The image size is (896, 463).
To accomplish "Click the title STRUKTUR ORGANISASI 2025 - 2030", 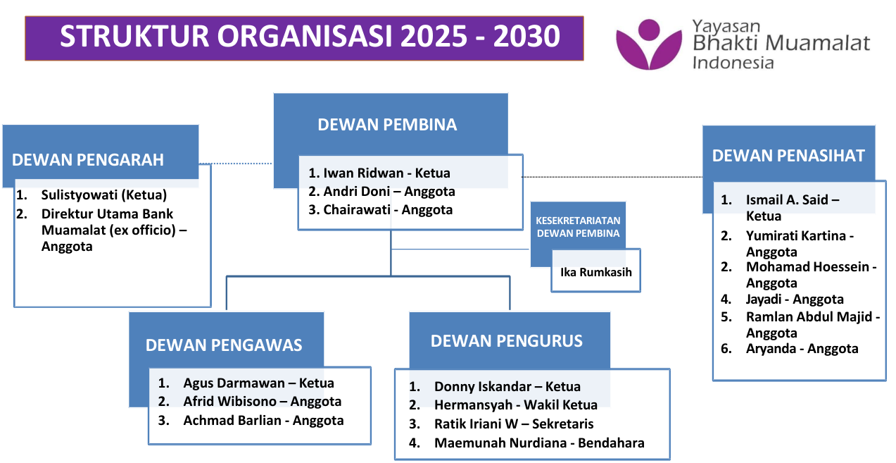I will click(310, 37).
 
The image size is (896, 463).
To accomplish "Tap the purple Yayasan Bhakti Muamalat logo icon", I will click(649, 44).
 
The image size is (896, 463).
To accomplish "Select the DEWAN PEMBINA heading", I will click(387, 125).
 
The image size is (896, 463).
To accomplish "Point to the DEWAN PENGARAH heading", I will click(88, 159).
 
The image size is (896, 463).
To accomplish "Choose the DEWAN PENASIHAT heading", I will click(788, 156).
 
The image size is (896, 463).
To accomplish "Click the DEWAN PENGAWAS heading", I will click(224, 345).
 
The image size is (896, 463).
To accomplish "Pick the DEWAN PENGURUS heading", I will click(507, 341).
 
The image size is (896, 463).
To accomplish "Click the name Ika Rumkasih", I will click(596, 272).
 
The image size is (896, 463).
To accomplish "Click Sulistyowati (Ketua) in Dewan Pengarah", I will click(104, 195).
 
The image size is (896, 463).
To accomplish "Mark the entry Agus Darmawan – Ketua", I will click(258, 383).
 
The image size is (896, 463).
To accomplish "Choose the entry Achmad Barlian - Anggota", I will click(263, 420).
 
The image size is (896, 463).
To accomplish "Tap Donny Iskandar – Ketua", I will click(507, 386).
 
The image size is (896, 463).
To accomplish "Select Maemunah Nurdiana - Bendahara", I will click(539, 443).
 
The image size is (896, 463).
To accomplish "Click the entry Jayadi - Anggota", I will click(795, 299).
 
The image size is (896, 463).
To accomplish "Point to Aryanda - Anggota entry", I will click(802, 348).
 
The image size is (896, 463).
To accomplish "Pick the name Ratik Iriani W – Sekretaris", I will click(514, 424).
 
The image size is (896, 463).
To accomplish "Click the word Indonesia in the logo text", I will click(733, 63).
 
